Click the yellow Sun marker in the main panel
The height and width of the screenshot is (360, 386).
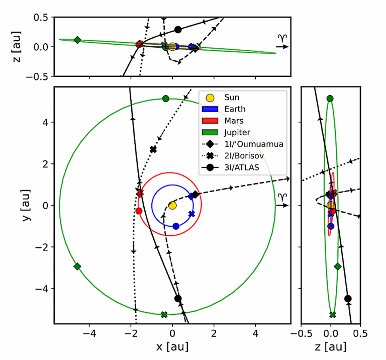point(172,205)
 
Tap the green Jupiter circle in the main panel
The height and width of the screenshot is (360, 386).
point(165,99)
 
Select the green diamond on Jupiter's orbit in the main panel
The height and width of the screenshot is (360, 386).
point(77,266)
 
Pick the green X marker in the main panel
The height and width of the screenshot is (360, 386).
point(164,314)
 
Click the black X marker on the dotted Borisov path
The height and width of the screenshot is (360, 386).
point(153,149)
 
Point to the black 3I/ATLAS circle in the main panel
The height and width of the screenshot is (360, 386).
point(178,299)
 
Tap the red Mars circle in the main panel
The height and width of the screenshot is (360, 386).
point(139,211)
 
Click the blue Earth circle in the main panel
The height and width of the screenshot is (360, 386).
point(176,226)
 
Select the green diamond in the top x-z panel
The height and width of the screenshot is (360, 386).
point(77,40)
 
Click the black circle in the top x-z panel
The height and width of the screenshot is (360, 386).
point(178,30)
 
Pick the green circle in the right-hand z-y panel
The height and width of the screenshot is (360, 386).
point(330,99)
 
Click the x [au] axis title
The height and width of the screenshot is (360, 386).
point(172,347)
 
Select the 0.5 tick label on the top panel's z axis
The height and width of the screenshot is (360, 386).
point(41,17)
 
